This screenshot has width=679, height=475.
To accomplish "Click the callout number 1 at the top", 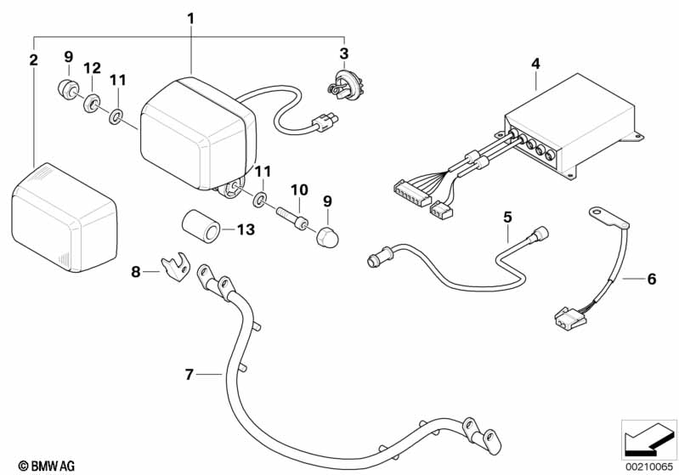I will coord(191,17).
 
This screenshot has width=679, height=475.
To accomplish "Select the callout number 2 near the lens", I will coord(33,59).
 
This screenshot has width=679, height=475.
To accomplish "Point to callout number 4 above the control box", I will coord(535,63).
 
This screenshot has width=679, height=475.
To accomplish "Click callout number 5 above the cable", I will coord(507,217).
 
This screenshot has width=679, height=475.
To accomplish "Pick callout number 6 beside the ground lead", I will coord(652,278).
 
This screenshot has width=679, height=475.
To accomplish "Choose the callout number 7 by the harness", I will coord(190,373).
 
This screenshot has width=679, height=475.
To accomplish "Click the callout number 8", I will coord(135,272).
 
